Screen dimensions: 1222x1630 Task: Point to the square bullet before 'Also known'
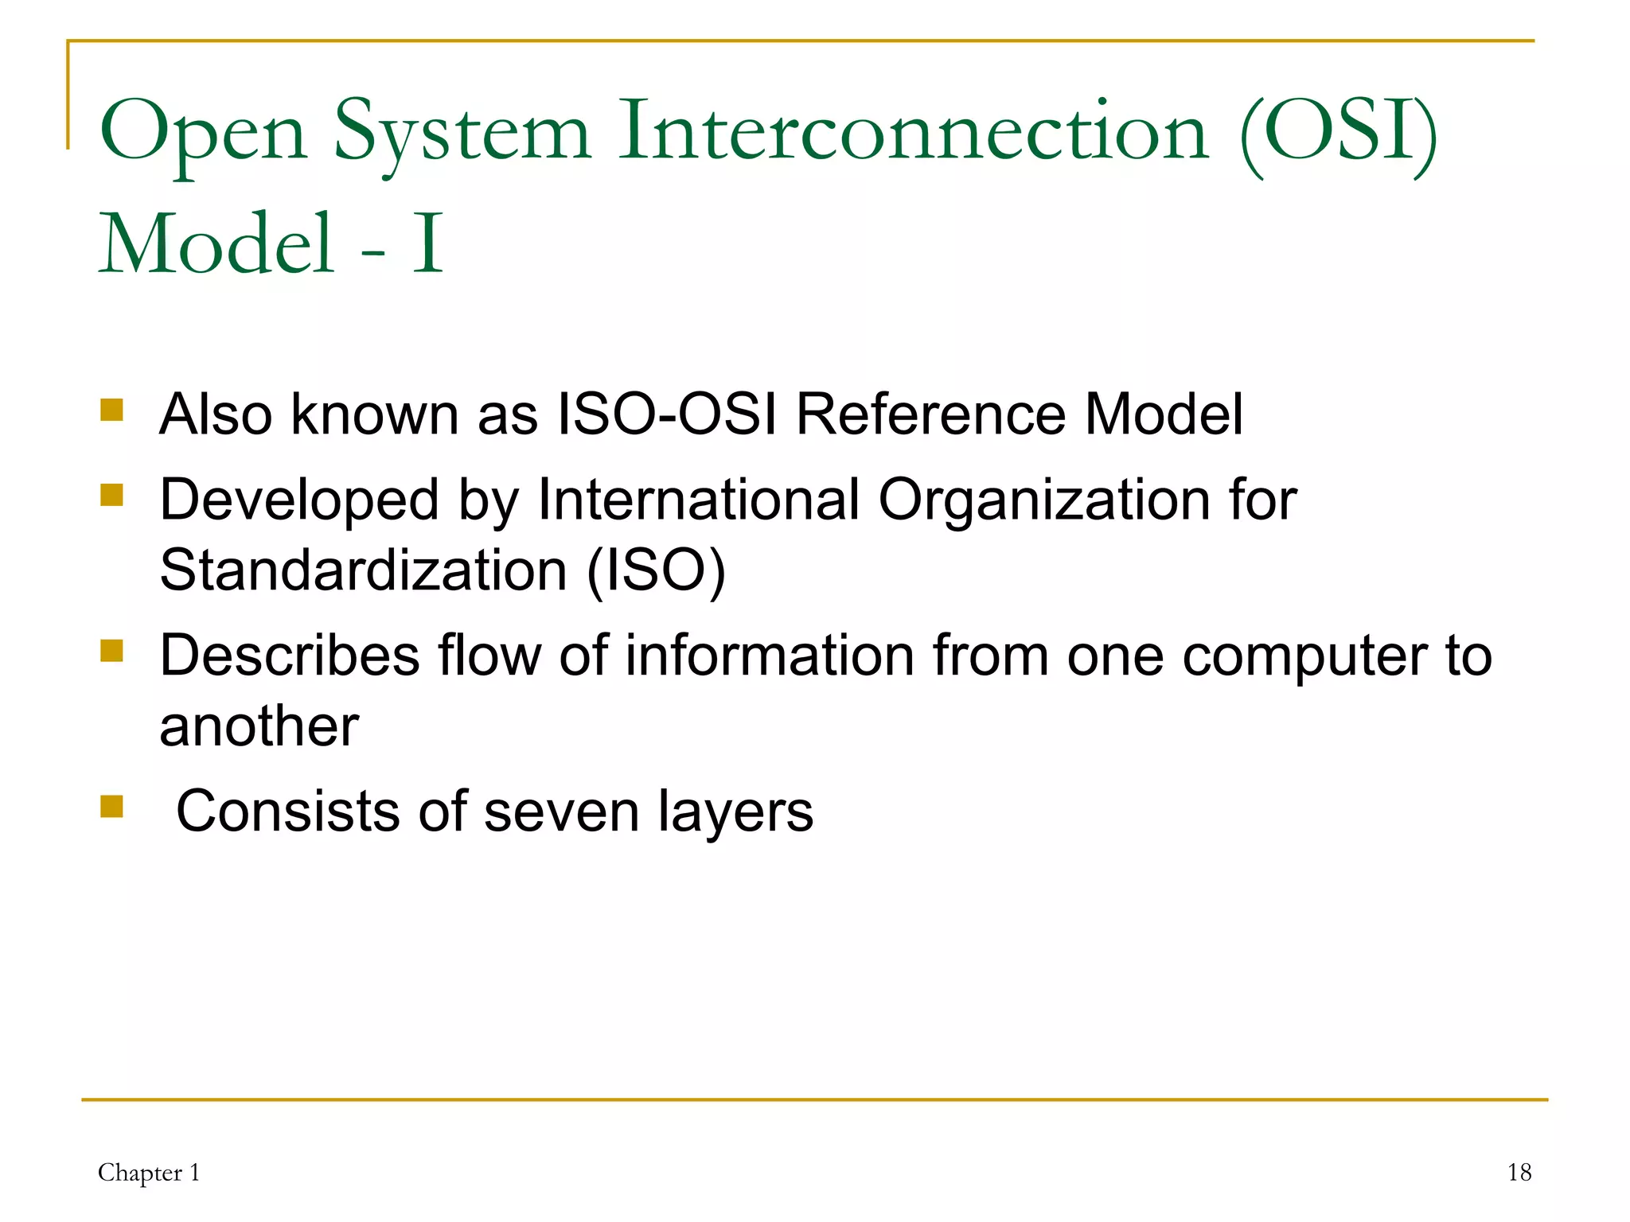pyautogui.click(x=112, y=411)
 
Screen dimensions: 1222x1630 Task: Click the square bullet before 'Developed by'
pyautogui.click(x=112, y=496)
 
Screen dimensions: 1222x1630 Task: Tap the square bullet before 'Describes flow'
pyautogui.click(x=112, y=651)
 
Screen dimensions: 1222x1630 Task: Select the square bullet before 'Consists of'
pyautogui.click(x=112, y=807)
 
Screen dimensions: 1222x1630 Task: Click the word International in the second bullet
pyautogui.click(x=699, y=500)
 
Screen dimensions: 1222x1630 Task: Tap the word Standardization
pyautogui.click(x=363, y=570)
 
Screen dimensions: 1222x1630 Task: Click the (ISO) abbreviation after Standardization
pyautogui.click(x=656, y=572)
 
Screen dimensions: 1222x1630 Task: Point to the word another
pyautogui.click(x=259, y=726)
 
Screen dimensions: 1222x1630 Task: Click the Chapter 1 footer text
pyautogui.click(x=149, y=1173)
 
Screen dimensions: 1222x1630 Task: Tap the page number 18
pyautogui.click(x=1519, y=1173)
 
